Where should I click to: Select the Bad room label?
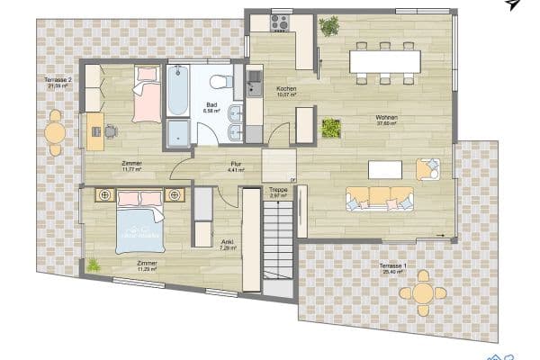[x=211, y=106]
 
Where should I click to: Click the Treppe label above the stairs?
[x=278, y=190]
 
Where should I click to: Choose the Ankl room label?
[x=228, y=243]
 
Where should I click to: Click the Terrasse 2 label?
[x=58, y=81]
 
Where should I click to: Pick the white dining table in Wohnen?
[x=384, y=60]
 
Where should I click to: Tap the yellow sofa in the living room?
[x=380, y=197]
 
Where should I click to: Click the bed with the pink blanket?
[x=146, y=94]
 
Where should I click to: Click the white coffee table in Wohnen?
[x=385, y=168]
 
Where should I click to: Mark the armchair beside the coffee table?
[x=427, y=168]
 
